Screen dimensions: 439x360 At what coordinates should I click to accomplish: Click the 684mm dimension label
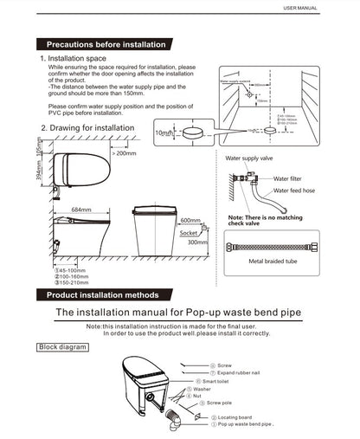click(80, 210)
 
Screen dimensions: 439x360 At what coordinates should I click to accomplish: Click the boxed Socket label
click(188, 233)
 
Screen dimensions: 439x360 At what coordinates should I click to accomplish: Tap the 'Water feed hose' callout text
click(296, 191)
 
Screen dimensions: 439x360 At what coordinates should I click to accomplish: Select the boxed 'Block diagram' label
click(61, 347)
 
